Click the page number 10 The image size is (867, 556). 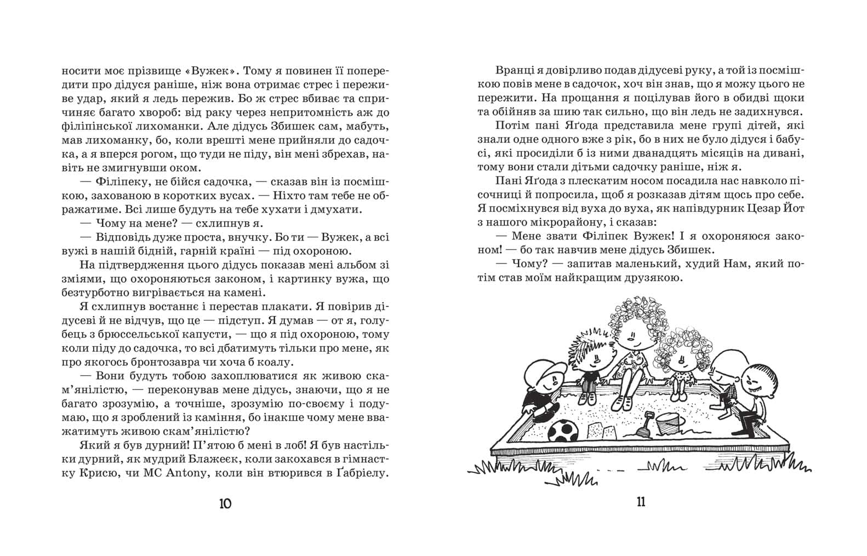point(225,503)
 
